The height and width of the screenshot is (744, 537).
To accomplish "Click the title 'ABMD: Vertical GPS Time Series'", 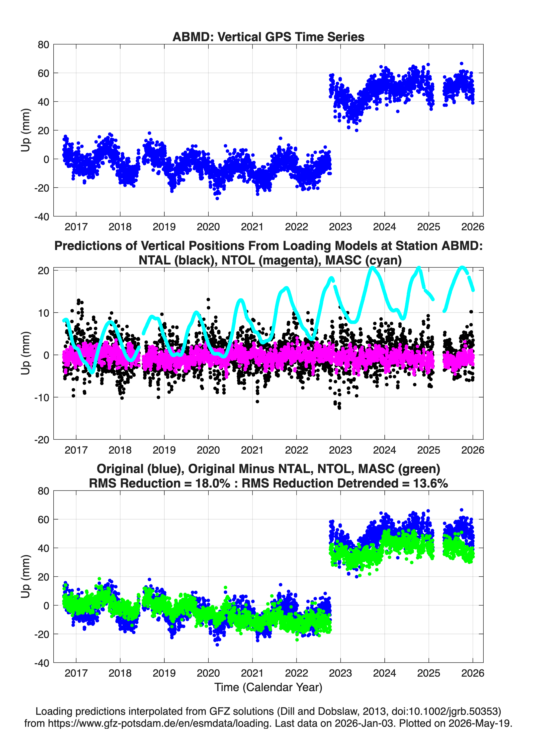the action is click(268, 37).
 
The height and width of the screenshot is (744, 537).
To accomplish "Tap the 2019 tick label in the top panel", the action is click(164, 227).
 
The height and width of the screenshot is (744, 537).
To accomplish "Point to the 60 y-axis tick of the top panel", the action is click(43, 73).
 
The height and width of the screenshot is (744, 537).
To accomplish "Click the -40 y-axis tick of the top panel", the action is click(42, 217).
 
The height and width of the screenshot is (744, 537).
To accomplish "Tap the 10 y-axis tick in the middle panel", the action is click(44, 313).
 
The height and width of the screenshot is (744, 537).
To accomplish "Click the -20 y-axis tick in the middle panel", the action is click(42, 440).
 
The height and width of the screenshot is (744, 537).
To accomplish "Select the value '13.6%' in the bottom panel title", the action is click(431, 483).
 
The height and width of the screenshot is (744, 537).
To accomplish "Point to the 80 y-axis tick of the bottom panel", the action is click(43, 491).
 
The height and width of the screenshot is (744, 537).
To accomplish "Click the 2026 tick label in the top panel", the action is click(472, 227).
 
